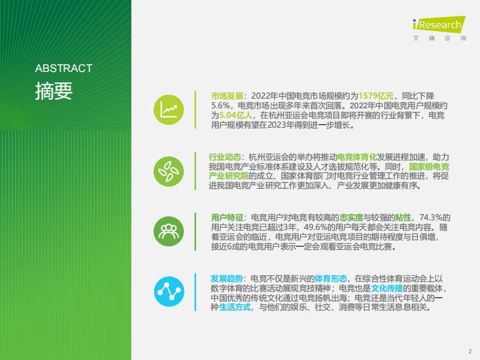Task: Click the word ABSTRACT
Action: click(64, 68)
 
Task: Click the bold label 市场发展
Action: click(227, 96)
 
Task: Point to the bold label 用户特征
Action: click(227, 217)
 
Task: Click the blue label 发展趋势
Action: click(227, 278)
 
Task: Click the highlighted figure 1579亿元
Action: click(376, 96)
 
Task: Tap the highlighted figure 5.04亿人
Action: click(236, 115)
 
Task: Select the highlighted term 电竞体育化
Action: click(357, 156)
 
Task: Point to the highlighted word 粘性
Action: click(403, 217)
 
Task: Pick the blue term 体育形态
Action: click(331, 278)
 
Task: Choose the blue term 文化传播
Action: click(387, 288)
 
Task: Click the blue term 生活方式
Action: click(235, 307)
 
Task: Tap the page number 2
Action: click(470, 350)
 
